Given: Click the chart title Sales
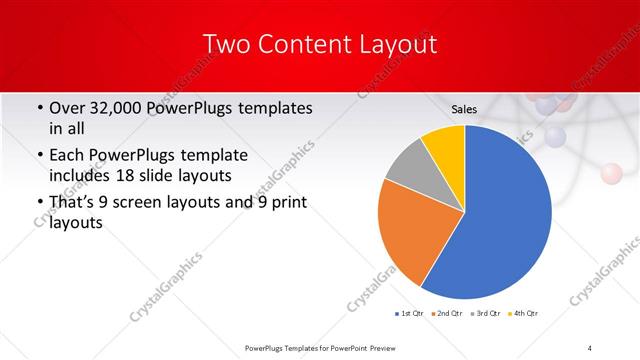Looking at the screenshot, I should pyautogui.click(x=464, y=109).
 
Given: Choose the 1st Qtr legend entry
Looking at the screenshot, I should pyautogui.click(x=411, y=314).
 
